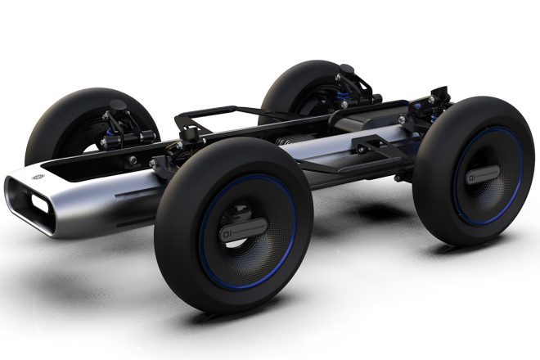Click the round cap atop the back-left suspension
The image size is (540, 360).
coord(118,106)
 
